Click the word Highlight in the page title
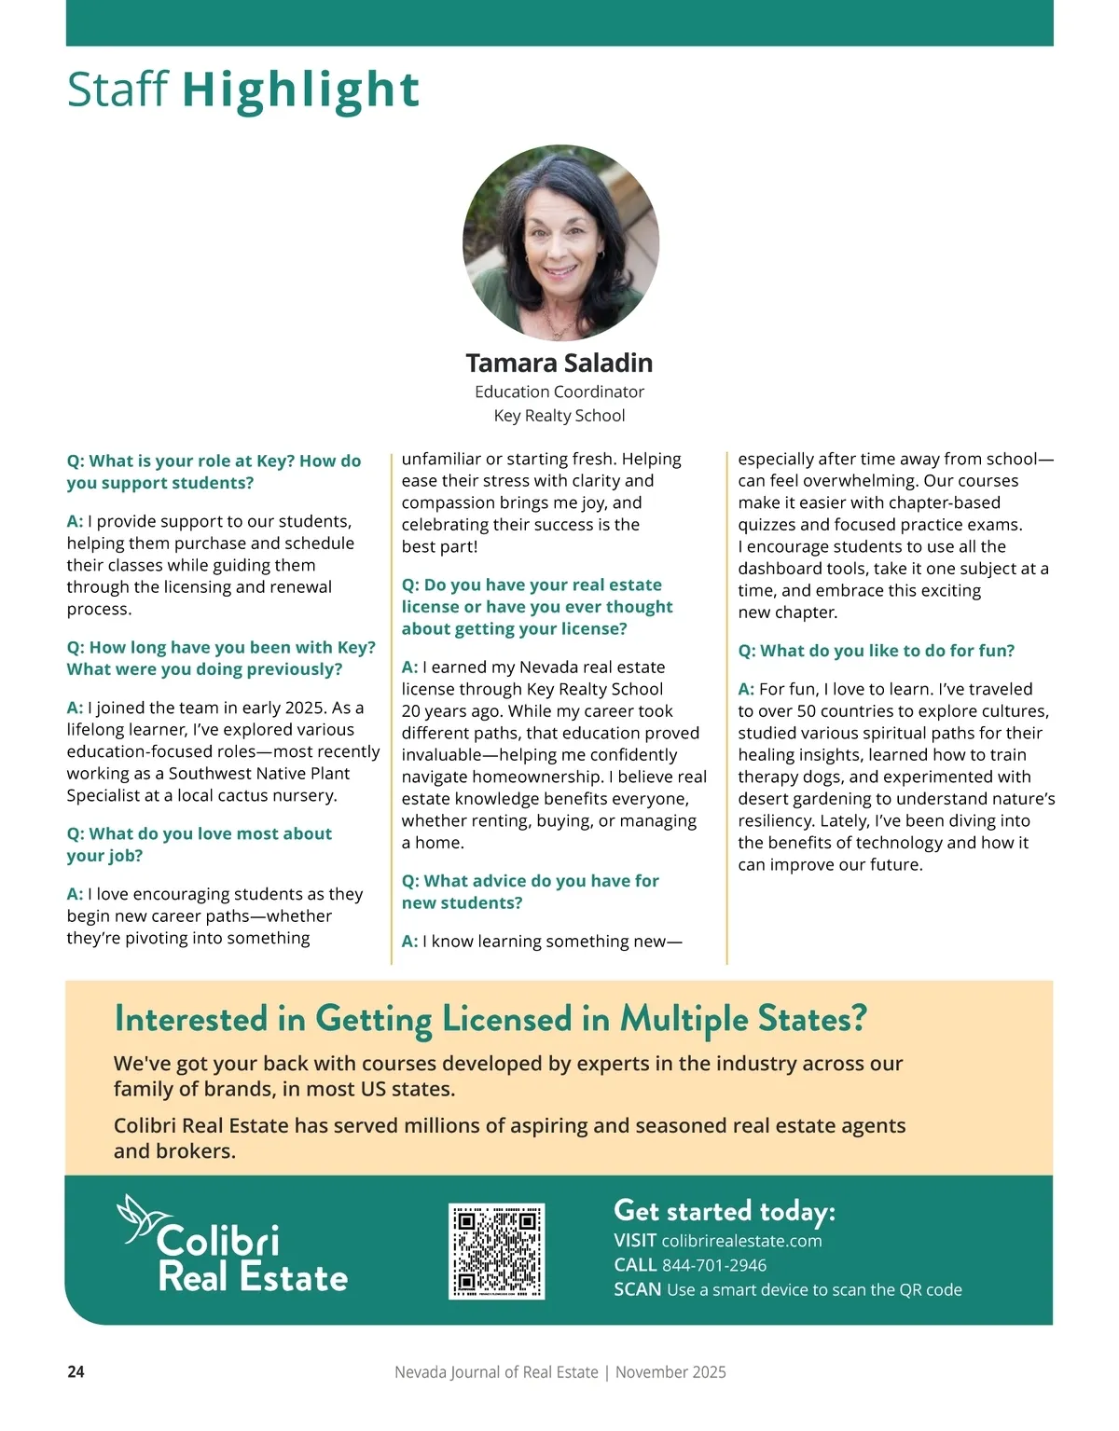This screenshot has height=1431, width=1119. point(300,89)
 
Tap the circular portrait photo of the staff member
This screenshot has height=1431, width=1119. point(560,242)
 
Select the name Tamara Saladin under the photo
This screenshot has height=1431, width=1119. point(559,363)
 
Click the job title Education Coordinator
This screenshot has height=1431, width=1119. point(559,392)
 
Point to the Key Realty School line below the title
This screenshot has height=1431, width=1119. point(559,416)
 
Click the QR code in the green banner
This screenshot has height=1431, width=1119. point(496,1251)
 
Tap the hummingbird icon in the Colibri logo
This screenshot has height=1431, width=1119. point(142,1218)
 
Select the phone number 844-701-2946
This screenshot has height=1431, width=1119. point(713,1265)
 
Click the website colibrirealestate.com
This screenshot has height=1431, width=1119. point(741,1241)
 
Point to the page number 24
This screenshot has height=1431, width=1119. point(76,1372)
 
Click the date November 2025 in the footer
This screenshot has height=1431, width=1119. point(670,1372)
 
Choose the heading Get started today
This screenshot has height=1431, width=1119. point(724,1211)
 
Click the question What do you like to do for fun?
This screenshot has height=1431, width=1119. point(876,651)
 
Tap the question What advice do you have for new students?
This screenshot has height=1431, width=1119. point(530,891)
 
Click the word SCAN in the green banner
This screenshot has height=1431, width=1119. point(637,1289)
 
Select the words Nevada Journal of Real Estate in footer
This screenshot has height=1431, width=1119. point(496,1372)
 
